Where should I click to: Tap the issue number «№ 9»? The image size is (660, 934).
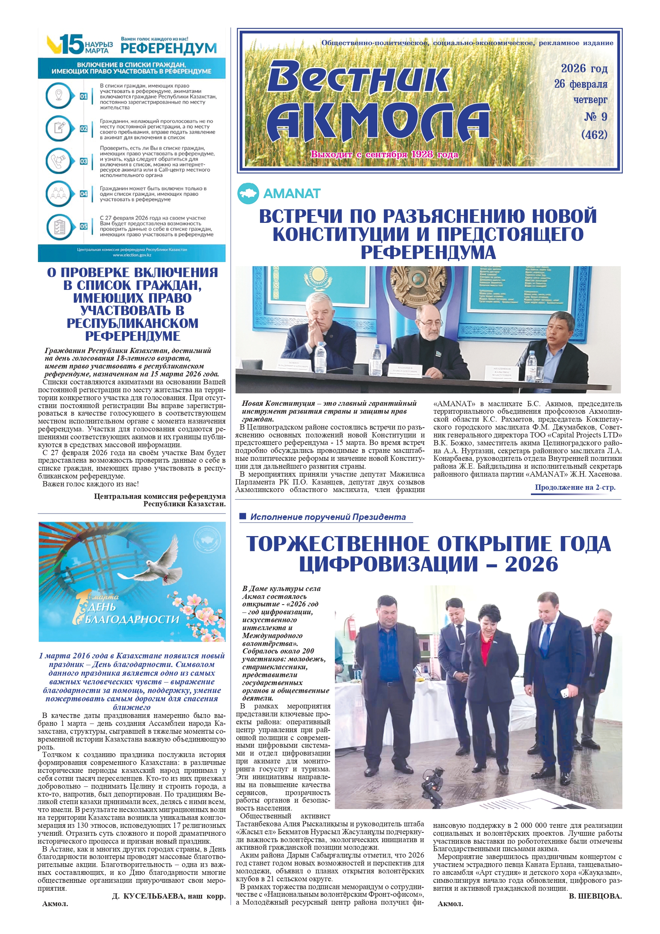point(595,117)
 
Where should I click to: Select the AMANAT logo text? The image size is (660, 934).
point(292,193)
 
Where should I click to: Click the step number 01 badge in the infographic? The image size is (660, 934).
point(84,96)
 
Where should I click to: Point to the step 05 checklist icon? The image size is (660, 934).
point(59,226)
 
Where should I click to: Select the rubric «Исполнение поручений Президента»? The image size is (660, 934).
point(328,517)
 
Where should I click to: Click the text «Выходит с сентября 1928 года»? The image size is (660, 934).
point(384,155)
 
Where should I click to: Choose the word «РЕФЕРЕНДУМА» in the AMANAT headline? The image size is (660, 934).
point(428,252)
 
